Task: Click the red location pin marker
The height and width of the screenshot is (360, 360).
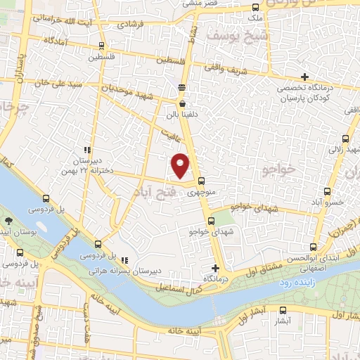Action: pos(181,165)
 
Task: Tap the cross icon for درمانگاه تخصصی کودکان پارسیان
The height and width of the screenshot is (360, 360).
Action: pos(304,77)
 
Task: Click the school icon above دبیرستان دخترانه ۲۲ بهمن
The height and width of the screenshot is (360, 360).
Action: pos(87,150)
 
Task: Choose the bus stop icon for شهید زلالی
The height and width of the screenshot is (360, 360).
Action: pos(345,139)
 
